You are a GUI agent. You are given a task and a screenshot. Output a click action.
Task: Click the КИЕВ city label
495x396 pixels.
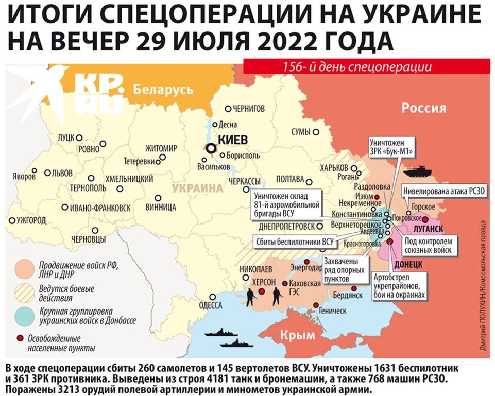tap(233, 140)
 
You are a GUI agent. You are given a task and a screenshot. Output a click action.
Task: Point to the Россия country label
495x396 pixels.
tap(423, 108)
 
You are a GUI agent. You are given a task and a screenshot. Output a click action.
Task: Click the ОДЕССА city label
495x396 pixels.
tap(210, 305)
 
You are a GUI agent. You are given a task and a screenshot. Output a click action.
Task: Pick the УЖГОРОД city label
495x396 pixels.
tap(31, 220)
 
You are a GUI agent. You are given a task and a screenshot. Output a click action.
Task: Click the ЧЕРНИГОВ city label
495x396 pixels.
tap(248, 109)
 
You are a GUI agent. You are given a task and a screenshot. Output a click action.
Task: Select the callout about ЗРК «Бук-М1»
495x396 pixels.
tap(392, 146)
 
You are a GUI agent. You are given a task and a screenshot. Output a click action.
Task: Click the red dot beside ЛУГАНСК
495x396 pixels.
tap(425, 219)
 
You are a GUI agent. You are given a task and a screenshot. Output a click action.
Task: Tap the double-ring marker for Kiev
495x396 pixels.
tap(211, 148)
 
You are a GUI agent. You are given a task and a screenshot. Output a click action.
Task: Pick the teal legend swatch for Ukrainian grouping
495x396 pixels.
tap(25, 315)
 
